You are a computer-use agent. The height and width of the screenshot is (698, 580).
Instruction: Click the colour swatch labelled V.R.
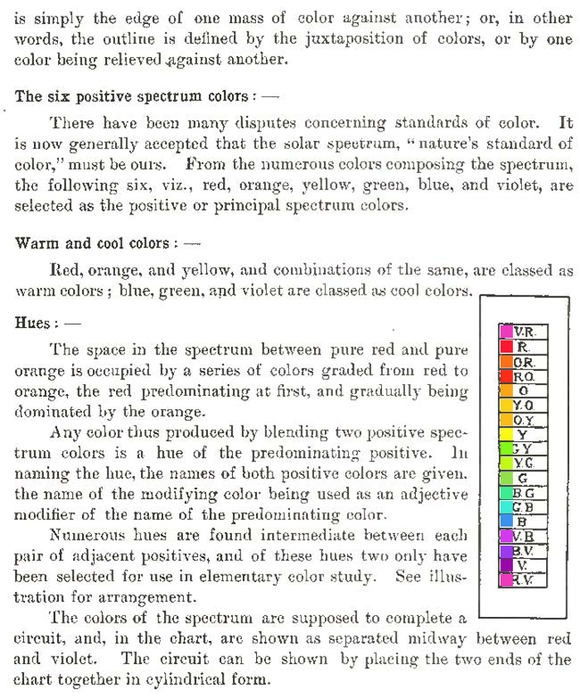[505, 332]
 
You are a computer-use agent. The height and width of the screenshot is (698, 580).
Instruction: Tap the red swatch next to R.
[505, 347]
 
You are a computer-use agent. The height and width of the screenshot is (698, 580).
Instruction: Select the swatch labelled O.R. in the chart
[505, 362]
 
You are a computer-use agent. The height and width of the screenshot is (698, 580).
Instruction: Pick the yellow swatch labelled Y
[505, 435]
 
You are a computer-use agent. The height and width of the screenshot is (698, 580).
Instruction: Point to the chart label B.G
[524, 493]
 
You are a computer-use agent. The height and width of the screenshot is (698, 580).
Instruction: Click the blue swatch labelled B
[505, 522]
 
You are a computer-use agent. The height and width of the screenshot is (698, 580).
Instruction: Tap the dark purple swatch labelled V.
[505, 566]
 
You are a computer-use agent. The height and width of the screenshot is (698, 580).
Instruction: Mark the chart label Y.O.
[524, 406]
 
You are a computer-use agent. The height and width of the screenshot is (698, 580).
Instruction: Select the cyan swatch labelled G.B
[505, 508]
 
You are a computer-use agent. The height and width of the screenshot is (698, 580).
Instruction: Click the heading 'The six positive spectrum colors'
[131, 97]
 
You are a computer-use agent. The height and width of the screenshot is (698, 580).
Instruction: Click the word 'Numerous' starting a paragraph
[83, 536]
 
